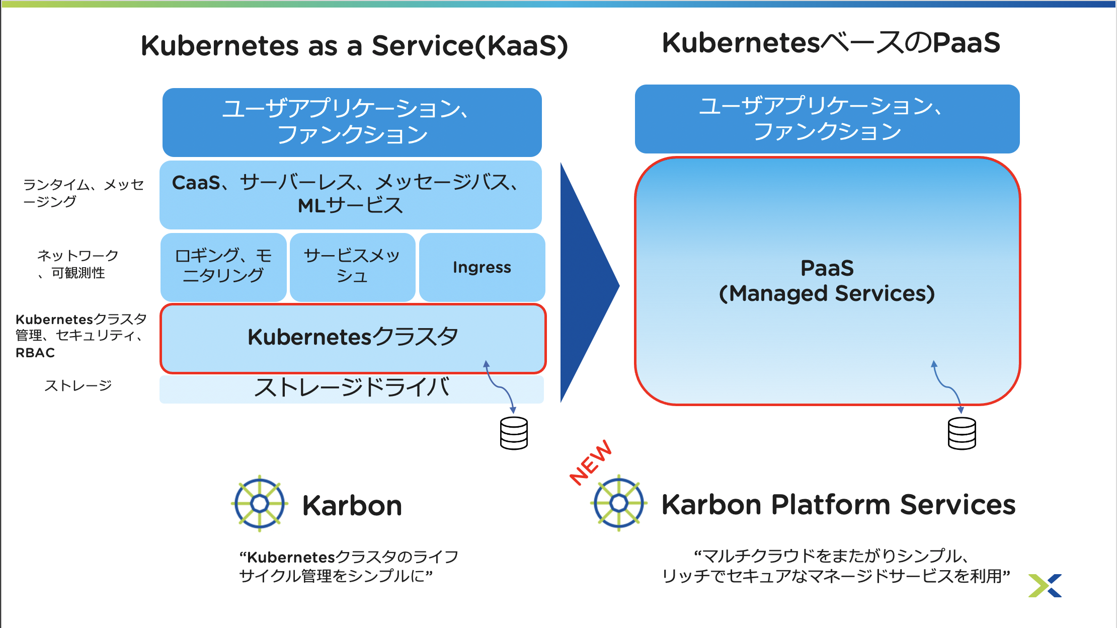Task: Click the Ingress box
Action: [482, 267]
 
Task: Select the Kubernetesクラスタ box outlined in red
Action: [352, 337]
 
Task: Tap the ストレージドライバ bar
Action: [351, 388]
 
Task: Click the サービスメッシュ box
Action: [352, 266]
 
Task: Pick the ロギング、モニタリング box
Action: [223, 266]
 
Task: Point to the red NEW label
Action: [591, 463]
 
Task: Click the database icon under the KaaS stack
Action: [514, 433]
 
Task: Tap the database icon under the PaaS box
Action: [962, 433]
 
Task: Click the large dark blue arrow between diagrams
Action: [586, 284]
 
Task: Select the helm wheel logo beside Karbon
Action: [260, 503]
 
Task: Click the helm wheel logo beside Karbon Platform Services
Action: [618, 503]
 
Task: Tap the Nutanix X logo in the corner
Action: [1045, 586]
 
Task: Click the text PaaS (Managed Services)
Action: [827, 281]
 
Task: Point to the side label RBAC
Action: [35, 353]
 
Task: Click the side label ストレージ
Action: [78, 385]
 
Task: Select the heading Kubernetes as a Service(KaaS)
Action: [354, 46]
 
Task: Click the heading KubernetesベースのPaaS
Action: [831, 43]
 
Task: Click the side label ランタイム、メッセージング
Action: [83, 193]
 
